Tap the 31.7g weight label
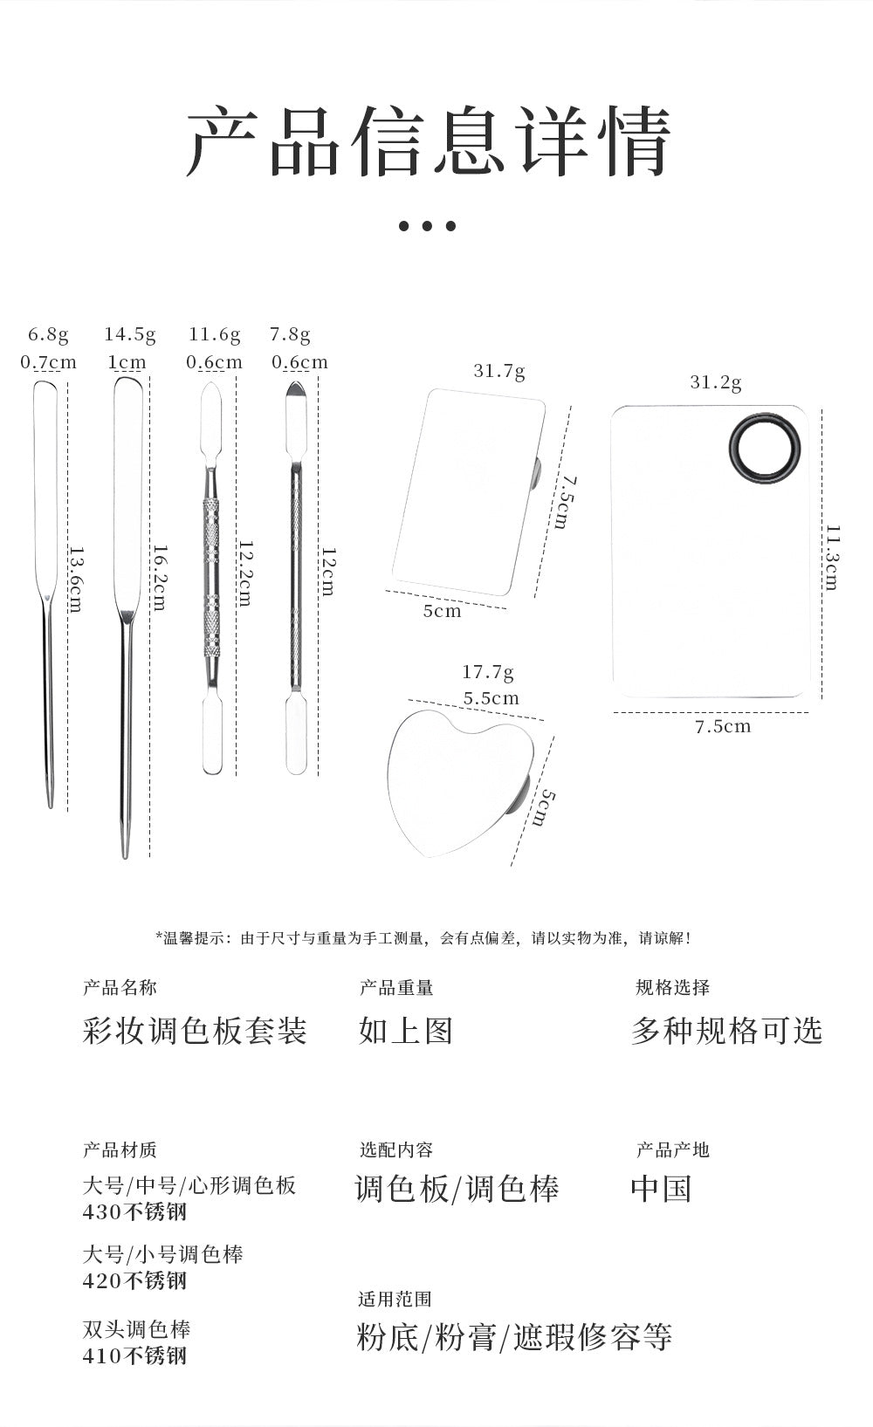(499, 371)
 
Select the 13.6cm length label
(75, 579)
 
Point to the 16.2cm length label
(159, 577)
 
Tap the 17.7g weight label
(487, 672)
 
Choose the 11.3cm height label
(832, 558)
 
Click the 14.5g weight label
(130, 334)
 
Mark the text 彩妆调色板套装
(195, 1031)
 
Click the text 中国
(662, 1189)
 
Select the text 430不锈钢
(134, 1211)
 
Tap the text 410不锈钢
(134, 1355)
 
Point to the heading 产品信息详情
(429, 141)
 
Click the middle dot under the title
(427, 225)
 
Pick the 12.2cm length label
(244, 573)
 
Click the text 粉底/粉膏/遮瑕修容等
(514, 1336)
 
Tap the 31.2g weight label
(716, 382)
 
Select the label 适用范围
(395, 1299)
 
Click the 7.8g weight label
(290, 334)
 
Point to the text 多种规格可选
(727, 1031)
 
